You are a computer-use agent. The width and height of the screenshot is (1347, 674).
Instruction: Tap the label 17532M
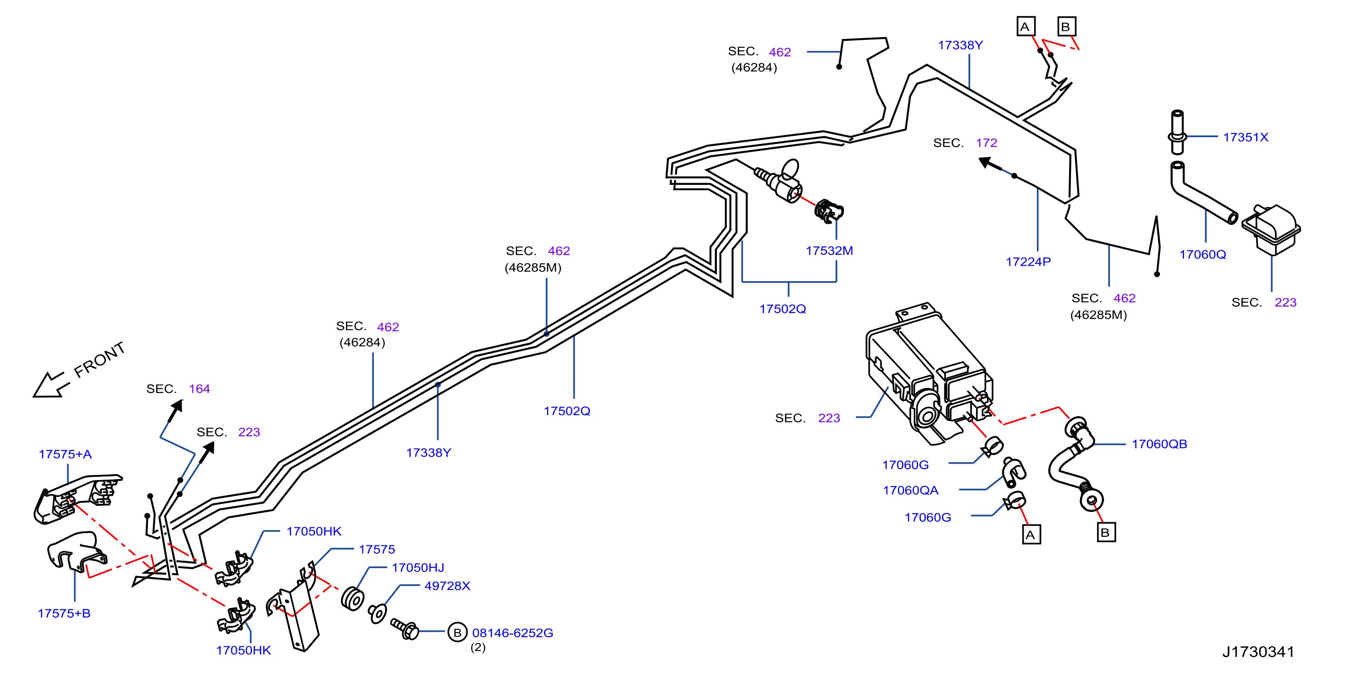[x=829, y=251]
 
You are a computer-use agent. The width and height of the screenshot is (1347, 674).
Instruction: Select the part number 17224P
[x=1028, y=262]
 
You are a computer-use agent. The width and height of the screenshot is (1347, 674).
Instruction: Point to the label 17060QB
[x=1160, y=444]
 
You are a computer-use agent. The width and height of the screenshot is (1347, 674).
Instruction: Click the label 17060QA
[x=910, y=491]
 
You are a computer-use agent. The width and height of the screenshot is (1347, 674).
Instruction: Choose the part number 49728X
[x=447, y=585]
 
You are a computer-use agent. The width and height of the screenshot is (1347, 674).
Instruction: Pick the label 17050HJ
[x=418, y=567]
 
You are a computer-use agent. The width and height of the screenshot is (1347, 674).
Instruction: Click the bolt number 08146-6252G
[x=513, y=633]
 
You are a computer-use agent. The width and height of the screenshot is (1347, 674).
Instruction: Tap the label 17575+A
[x=65, y=454]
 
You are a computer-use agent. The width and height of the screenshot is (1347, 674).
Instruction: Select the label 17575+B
[x=64, y=613]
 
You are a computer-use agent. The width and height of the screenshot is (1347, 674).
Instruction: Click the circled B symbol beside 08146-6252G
[x=457, y=632]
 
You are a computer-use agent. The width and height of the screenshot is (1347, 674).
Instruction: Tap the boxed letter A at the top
[x=1026, y=26]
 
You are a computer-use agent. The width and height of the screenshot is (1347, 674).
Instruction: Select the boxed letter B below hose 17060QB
[x=1105, y=533]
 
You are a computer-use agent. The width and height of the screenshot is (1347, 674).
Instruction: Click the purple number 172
[x=986, y=143]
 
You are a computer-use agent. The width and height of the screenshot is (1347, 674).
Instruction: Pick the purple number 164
[x=199, y=389]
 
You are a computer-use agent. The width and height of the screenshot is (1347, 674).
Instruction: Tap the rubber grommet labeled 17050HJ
[x=352, y=599]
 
